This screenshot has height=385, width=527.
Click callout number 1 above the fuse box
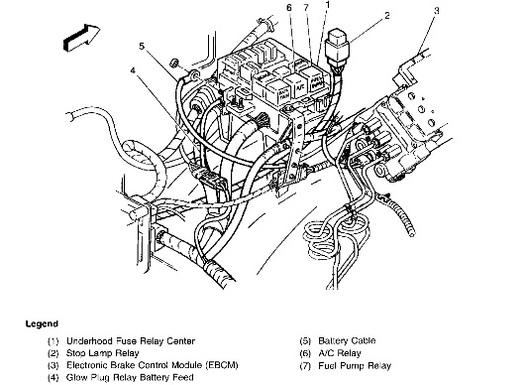point(327,5)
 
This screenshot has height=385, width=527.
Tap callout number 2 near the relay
point(387,16)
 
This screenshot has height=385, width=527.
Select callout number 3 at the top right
point(436,11)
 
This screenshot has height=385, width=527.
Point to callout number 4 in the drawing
point(134,70)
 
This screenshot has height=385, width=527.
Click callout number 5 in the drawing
point(142,46)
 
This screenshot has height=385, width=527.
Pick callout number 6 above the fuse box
point(289,7)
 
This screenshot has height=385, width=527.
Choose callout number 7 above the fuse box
point(306,7)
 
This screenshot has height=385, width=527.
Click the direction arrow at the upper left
point(81,38)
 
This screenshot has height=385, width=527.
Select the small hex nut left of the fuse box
point(174,63)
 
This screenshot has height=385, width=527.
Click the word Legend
point(42,324)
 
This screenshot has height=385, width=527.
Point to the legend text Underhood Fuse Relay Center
point(131,341)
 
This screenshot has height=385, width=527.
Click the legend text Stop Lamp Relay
point(102,353)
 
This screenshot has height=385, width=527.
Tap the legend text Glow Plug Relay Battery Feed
point(130,378)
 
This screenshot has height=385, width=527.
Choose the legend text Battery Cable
point(347,340)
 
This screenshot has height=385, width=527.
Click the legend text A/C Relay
point(340,353)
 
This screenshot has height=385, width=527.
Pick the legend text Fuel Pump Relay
point(355,366)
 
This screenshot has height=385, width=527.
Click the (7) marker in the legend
point(305,366)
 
